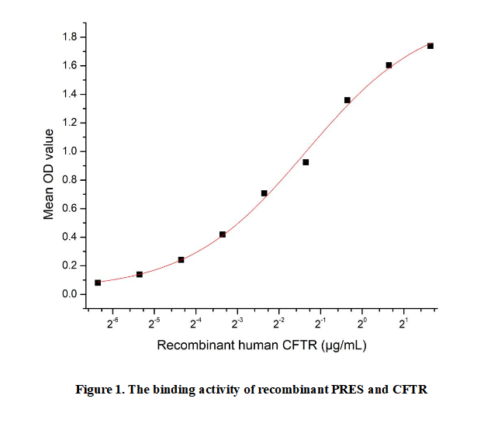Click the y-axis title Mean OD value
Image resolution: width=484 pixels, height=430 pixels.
[x=49, y=165]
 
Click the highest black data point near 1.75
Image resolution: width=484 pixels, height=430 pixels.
[x=430, y=46]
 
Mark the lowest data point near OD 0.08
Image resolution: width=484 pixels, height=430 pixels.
[x=98, y=283]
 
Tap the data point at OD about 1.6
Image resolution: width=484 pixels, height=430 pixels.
[x=389, y=65]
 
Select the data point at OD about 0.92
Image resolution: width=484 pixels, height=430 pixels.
[x=306, y=162]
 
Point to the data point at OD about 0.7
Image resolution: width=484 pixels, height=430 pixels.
[x=264, y=193]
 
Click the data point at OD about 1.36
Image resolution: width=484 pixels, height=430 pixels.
[x=347, y=100]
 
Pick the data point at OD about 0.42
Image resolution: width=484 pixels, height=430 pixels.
[x=223, y=234]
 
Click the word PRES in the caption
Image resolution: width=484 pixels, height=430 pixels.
[x=341, y=390]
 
